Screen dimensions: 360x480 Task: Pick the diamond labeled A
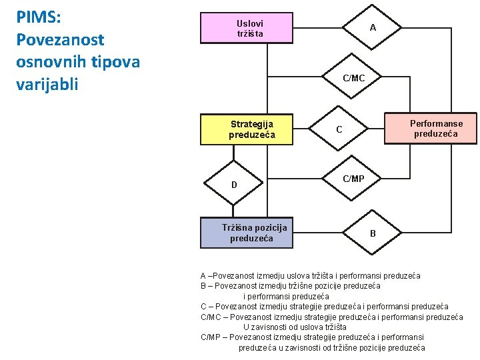tap(373, 28)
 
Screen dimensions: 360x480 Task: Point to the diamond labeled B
tap(373, 233)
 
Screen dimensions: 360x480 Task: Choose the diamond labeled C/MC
tap(353, 79)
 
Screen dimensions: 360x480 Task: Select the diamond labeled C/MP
tap(353, 179)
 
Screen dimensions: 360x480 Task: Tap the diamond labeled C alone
tap(339, 129)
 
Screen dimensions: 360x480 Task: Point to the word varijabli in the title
tap(47, 84)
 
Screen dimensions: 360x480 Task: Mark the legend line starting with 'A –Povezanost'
tap(310, 276)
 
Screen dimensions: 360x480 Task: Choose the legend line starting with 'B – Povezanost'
tap(291, 286)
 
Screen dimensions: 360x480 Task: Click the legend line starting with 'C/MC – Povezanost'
tap(331, 317)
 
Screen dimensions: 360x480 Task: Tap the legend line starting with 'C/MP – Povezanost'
tap(312, 337)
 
